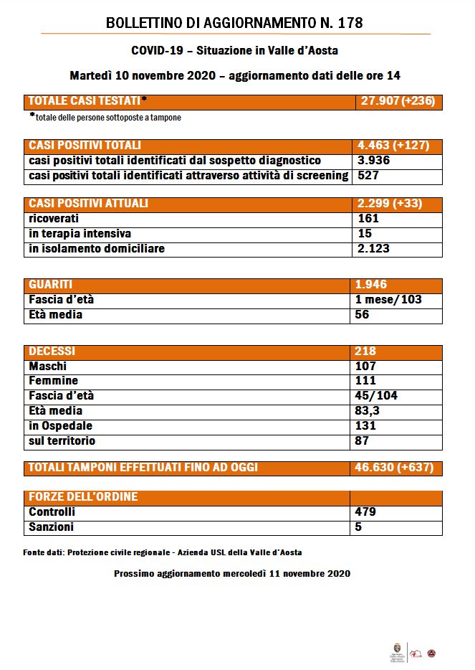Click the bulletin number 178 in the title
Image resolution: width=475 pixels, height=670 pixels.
(x=350, y=23)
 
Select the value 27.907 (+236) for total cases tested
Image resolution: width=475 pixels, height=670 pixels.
(x=397, y=101)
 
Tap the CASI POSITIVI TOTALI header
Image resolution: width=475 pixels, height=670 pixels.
(x=85, y=146)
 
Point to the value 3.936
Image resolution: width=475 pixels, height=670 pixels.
(x=373, y=161)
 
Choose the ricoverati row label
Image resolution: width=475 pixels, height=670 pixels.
(x=54, y=219)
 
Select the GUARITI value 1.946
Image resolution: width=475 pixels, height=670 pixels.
(x=373, y=285)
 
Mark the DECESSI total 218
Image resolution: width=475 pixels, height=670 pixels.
(x=365, y=351)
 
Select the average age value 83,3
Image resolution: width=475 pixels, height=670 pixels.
(x=370, y=411)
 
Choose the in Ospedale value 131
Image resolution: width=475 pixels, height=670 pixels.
(x=365, y=426)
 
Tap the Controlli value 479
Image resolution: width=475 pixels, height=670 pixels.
(x=366, y=512)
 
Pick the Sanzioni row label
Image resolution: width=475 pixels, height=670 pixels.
(x=51, y=527)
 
